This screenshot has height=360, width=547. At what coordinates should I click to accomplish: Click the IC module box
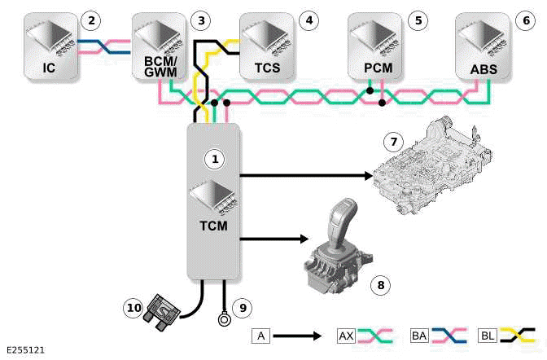pos(50,46)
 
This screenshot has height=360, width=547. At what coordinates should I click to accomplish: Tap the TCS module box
pos(266,46)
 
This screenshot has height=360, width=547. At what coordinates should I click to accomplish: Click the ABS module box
pos(486,46)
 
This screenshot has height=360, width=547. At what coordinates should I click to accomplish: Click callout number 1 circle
pos(216,160)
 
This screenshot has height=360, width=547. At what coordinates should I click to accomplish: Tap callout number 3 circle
pos(199,19)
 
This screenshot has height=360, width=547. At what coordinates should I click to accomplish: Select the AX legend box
pos(346,336)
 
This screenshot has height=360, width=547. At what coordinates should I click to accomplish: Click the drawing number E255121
pos(26,351)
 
